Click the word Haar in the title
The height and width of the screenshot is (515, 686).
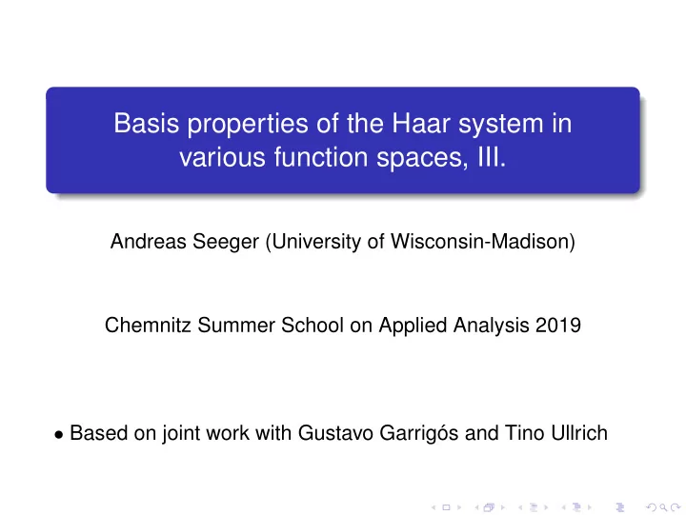[x=421, y=124]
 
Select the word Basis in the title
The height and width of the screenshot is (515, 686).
[x=146, y=124]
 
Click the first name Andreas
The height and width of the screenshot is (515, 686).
[x=149, y=242]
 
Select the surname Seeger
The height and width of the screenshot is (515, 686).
[x=226, y=243]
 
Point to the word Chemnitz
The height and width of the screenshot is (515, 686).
[x=148, y=326]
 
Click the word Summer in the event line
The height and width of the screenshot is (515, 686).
[x=236, y=326]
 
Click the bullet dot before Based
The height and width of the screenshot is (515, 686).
[x=59, y=434]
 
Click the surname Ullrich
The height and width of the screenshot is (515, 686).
[x=579, y=433]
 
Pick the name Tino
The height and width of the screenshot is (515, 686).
[x=525, y=433]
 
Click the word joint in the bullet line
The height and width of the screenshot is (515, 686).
[x=181, y=434]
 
